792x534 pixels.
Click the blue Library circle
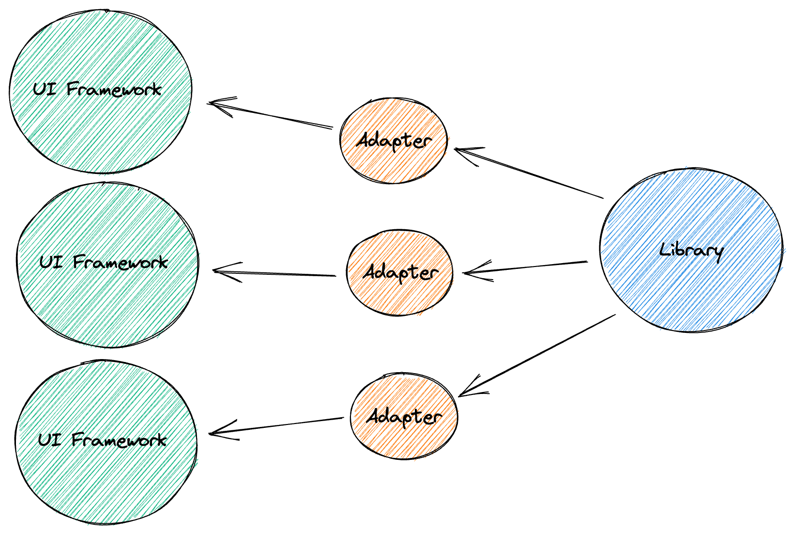pyautogui.click(x=691, y=251)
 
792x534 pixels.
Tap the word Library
pyautogui.click(x=691, y=251)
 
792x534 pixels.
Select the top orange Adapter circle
pyautogui.click(x=394, y=141)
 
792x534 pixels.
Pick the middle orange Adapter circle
pyautogui.click(x=400, y=272)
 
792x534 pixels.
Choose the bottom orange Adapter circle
pyautogui.click(x=404, y=416)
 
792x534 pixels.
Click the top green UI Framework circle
pyautogui.click(x=101, y=91)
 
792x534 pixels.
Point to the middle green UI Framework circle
pyautogui.click(x=107, y=265)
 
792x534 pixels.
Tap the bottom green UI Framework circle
pyautogui.click(x=106, y=442)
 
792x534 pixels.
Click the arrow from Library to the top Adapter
pyautogui.click(x=529, y=173)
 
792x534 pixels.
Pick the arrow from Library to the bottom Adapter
pyautogui.click(x=537, y=355)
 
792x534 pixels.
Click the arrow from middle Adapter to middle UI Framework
pyautogui.click(x=274, y=273)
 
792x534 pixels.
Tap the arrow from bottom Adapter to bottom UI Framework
pyautogui.click(x=276, y=426)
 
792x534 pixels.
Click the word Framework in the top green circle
pyautogui.click(x=114, y=89)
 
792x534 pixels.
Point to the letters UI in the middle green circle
pyautogui.click(x=51, y=262)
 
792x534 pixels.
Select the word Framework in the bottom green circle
pyautogui.click(x=119, y=440)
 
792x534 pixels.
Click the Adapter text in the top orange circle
pyautogui.click(x=394, y=141)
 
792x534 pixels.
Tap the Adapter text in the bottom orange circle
pyautogui.click(x=404, y=417)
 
